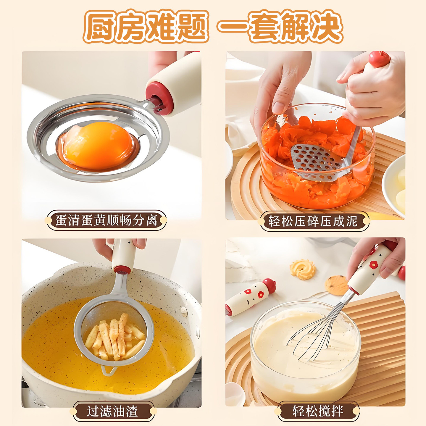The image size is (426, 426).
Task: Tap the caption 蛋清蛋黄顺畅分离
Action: click(x=106, y=220)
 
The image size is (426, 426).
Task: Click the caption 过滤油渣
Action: click(x=113, y=411)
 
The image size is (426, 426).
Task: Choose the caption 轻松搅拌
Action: click(x=318, y=411)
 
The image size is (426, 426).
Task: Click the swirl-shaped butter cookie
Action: click(x=303, y=269)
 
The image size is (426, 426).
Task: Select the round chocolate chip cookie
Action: click(x=336, y=285)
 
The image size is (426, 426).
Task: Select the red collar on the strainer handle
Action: click(x=122, y=270)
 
